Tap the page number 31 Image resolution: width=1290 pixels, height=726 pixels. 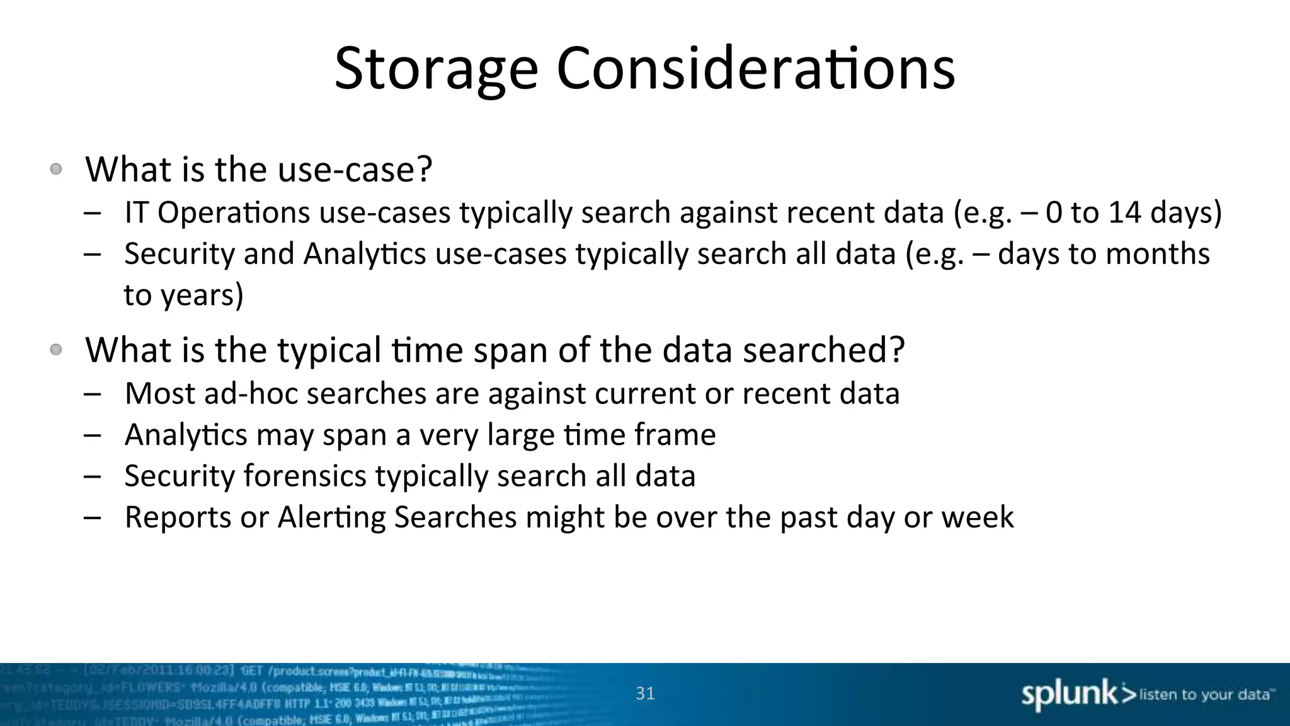[645, 693]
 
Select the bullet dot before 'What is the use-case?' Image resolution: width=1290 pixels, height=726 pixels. [56, 169]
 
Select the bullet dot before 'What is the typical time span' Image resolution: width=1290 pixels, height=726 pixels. [56, 349]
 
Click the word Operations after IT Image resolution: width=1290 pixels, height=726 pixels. [233, 213]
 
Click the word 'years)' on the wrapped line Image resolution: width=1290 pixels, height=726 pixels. [202, 295]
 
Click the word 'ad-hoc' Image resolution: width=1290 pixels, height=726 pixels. [251, 393]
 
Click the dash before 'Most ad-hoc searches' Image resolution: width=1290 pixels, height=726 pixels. [92, 394]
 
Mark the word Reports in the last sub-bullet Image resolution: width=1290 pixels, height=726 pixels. [178, 517]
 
